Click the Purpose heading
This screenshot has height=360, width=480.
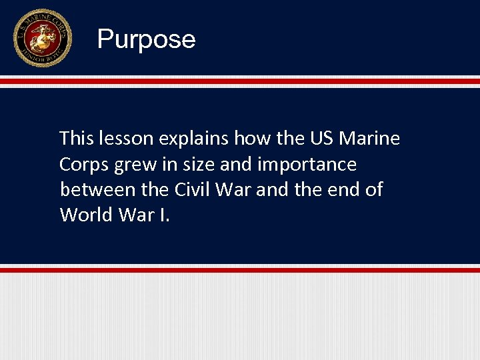146,39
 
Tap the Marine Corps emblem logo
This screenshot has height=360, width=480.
42,38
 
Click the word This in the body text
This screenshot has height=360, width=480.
76,139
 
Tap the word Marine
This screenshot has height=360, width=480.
369,139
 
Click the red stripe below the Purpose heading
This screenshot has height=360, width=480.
240,81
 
